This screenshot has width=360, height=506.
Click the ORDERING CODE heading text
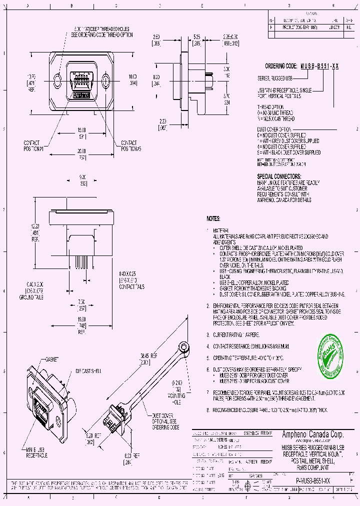[x=281, y=66]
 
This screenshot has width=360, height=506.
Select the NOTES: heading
[x=213, y=219]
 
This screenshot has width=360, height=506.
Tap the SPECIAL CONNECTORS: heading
[x=279, y=176]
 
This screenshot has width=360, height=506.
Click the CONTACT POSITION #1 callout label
[x=34, y=146]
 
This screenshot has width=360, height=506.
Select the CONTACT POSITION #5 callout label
[x=131, y=146]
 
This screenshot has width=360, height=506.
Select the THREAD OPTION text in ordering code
[x=269, y=107]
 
